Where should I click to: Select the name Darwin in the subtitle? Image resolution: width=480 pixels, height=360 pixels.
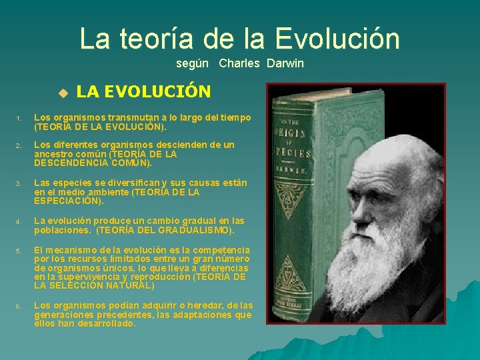(285, 63)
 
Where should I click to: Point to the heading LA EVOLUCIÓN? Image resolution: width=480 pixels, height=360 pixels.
(143, 91)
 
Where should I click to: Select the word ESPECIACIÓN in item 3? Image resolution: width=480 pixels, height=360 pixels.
(66, 201)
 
